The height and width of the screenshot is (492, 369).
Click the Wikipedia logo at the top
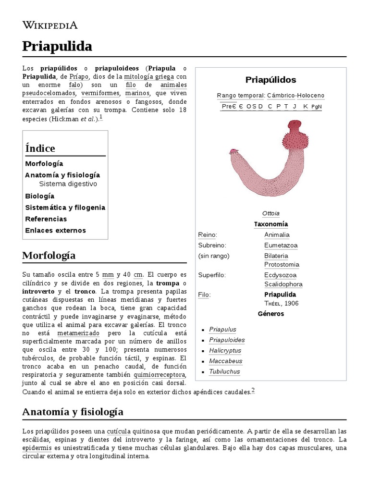point(50,25)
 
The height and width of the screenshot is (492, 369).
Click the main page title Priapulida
point(57,47)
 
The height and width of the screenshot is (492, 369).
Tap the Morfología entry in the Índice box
point(44,164)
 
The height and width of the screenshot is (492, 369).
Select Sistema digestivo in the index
point(68,184)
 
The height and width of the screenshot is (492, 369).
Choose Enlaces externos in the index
point(55,230)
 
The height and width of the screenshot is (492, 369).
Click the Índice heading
point(40,148)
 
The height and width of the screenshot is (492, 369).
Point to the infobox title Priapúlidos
point(271,80)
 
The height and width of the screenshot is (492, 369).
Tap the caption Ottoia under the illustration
point(271,213)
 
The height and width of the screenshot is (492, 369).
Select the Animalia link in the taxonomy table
point(277,235)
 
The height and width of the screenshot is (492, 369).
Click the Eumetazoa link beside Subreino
point(281,246)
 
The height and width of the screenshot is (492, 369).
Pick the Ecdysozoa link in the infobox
point(280,275)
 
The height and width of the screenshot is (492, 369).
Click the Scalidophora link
point(283,284)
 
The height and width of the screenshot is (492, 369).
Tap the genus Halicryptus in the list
point(225,351)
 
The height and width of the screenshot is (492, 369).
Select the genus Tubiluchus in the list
point(224,371)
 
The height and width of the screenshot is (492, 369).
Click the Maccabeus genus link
point(225,361)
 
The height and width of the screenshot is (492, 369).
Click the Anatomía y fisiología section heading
point(73,412)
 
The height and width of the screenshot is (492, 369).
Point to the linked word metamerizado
point(78,333)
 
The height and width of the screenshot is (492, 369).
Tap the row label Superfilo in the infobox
point(212,275)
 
